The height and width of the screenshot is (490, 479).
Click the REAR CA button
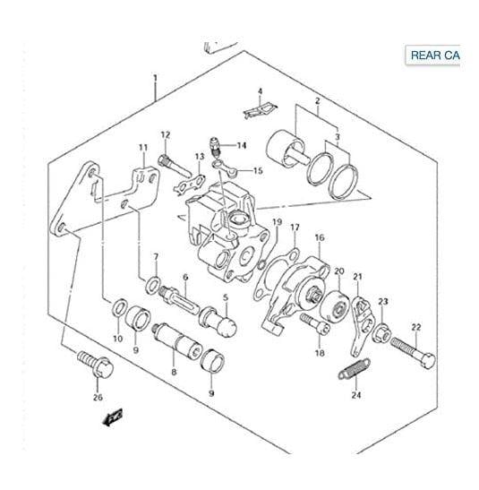click(x=435, y=56)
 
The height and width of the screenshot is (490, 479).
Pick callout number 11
click(x=142, y=148)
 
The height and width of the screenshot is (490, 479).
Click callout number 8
click(x=173, y=367)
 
